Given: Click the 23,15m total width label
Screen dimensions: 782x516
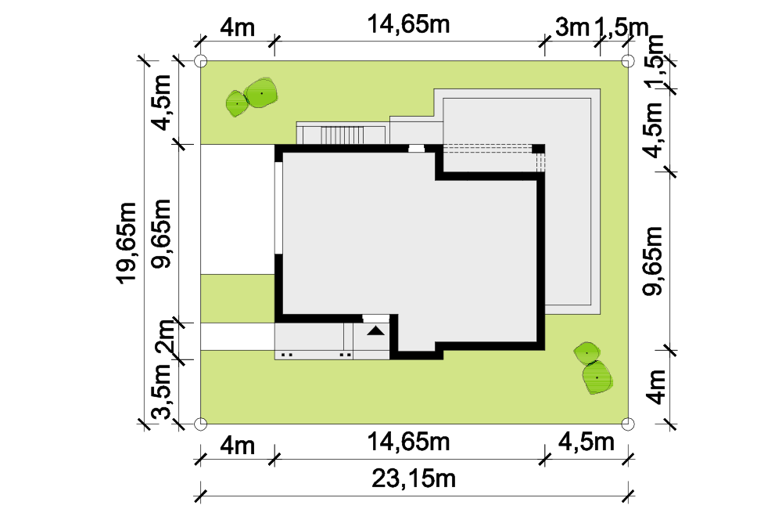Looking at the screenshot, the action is pos(414,478).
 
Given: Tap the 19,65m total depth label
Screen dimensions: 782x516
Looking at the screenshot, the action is pos(127,243).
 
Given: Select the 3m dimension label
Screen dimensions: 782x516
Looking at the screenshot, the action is pos(572,27).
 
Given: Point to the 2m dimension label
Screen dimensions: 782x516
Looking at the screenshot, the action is pos(164,337).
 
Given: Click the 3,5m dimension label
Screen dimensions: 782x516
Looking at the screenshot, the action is pos(163,392).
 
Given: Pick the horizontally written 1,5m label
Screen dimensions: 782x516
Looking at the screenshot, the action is pos(621,27).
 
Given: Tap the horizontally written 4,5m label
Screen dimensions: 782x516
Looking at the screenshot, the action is pos(586,442).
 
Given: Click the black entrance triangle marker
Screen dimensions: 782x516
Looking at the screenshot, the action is pos(376,330).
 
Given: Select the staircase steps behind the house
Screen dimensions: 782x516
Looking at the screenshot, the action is pos(342,135).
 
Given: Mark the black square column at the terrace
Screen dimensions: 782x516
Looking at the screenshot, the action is pos(538,149).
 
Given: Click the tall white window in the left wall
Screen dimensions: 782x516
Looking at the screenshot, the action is pos(278,207).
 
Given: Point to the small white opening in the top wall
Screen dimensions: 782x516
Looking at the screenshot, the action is pos(417,148).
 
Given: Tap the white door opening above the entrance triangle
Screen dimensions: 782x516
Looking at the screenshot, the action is pos(375,318).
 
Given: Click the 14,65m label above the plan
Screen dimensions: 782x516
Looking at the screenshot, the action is pos(408,24).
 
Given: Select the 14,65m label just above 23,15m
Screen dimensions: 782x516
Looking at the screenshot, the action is pos(408,442).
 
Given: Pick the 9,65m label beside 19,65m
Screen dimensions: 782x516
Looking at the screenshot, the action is pos(162,234).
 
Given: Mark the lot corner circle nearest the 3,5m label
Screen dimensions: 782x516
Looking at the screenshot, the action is pos(200,424).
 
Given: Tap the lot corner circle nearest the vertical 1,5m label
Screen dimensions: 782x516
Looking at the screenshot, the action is pos(629,61).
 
